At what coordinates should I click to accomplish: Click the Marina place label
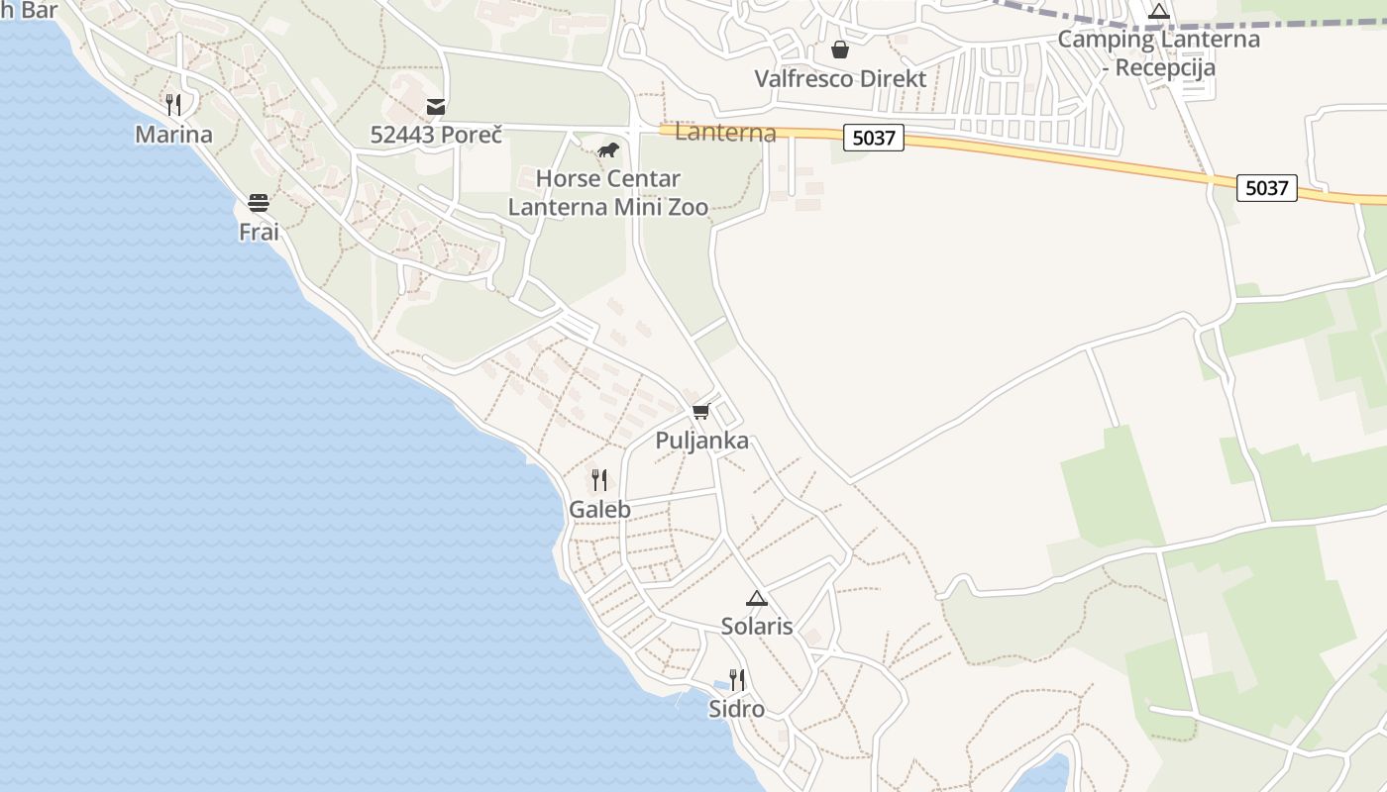tap(173, 135)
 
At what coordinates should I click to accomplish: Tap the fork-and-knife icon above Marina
tap(173, 104)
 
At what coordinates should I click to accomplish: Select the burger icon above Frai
tap(259, 203)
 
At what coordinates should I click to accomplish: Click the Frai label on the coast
tap(259, 232)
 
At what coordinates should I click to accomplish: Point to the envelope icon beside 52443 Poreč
tap(436, 107)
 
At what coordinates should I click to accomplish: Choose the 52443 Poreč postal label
tap(436, 135)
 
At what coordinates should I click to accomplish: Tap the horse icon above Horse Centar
tap(607, 150)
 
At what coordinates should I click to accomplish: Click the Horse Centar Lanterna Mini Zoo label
tap(607, 193)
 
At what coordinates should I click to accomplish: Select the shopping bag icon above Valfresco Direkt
tap(840, 49)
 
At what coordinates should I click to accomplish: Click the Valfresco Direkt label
tap(840, 79)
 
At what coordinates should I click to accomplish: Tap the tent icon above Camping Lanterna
tap(1159, 12)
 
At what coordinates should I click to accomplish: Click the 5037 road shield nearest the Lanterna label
tap(874, 138)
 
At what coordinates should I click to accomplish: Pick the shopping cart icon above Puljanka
tap(701, 411)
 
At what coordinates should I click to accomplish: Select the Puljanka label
tap(701, 441)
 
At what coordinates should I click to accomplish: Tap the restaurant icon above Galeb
tap(599, 480)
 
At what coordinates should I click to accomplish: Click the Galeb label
tap(599, 509)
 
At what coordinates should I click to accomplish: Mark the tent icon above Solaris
tap(757, 598)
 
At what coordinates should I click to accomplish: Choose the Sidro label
tap(736, 709)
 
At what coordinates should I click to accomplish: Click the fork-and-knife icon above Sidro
tap(736, 679)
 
